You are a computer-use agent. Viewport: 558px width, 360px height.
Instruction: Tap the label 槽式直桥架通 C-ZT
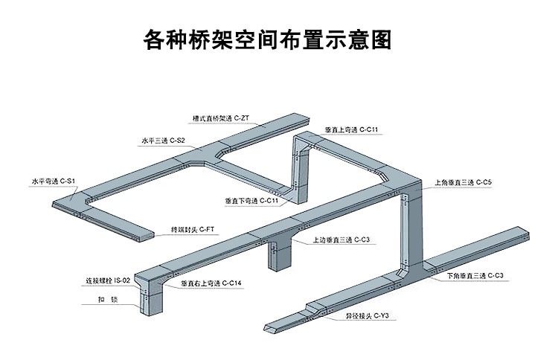[x=220, y=118]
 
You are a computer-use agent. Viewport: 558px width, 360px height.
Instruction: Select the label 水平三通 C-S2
[x=163, y=139]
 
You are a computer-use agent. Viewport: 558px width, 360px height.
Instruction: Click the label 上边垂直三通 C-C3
[x=340, y=240]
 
